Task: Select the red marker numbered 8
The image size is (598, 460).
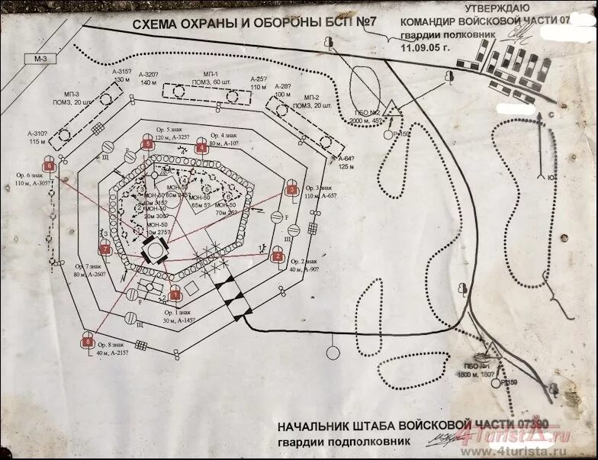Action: click(x=88, y=343)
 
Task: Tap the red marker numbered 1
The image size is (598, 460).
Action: click(x=174, y=293)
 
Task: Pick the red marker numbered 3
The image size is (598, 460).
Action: click(x=291, y=190)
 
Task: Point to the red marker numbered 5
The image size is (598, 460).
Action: click(x=146, y=144)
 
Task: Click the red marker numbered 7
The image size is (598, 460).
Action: click(x=105, y=249)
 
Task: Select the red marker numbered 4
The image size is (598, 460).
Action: click(x=201, y=146)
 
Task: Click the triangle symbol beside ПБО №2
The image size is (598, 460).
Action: click(x=391, y=109)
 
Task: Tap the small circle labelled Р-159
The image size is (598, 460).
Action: click(x=503, y=382)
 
